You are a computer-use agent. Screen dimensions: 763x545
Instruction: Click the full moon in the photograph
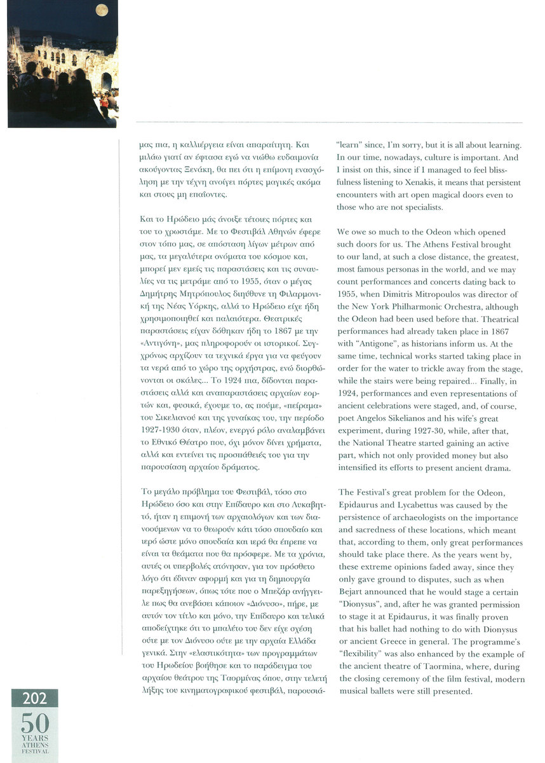[101, 10]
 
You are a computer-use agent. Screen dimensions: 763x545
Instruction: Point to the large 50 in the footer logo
[34, 722]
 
